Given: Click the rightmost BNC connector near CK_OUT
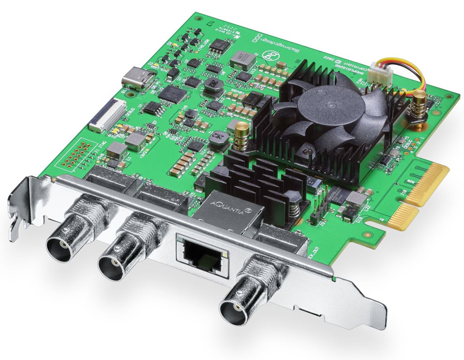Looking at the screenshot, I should click(240, 307).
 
